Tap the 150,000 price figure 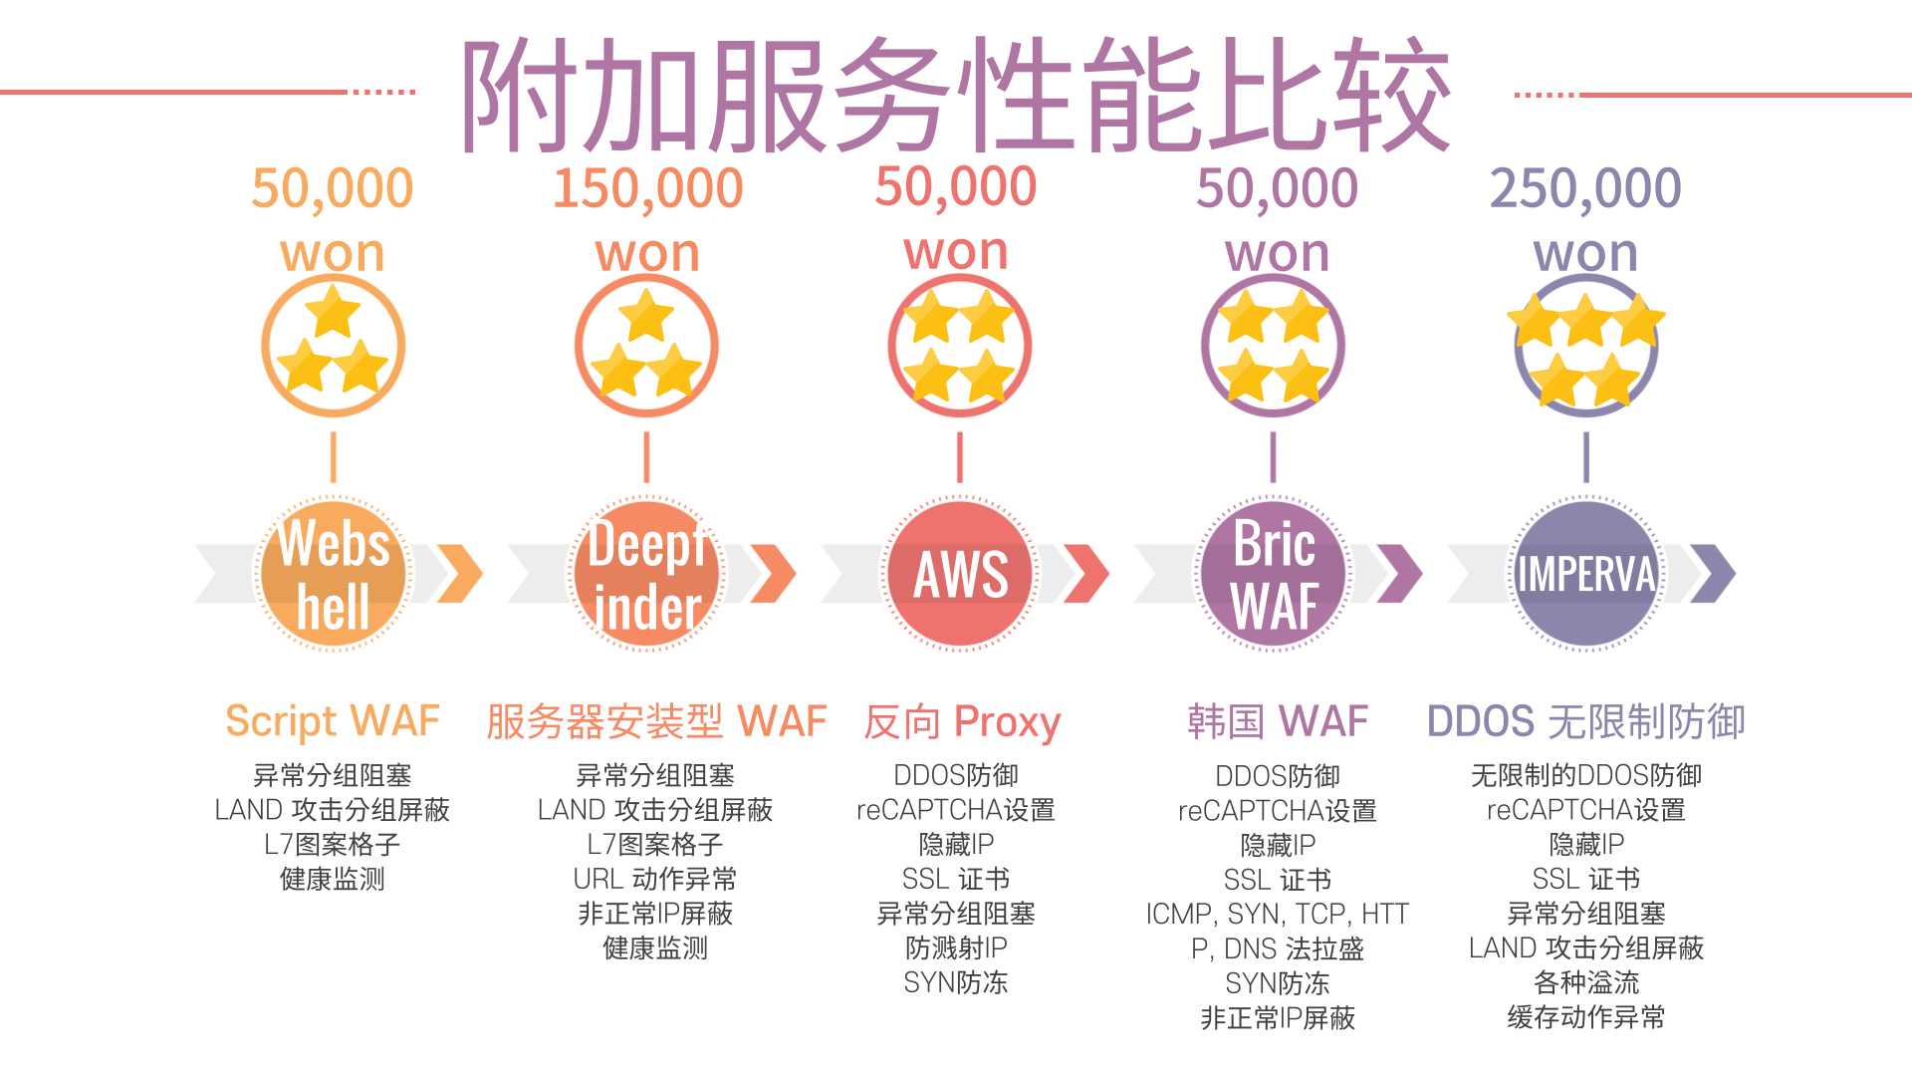(648, 188)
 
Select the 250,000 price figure (1585, 188)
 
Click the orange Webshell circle (333, 575)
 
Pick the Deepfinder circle (647, 575)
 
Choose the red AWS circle (960, 575)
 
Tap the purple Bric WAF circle (1274, 575)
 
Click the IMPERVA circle (1586, 575)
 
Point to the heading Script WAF (333, 721)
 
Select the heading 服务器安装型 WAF (656, 721)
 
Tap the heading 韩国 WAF (1278, 721)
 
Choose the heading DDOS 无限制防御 (1585, 721)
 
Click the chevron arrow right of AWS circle (1085, 574)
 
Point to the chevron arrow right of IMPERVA (1713, 574)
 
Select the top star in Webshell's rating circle (333, 312)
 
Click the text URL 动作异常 (655, 879)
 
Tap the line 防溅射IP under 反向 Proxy (956, 947)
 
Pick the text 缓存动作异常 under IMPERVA (1585, 1017)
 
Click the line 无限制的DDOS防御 (1585, 775)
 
